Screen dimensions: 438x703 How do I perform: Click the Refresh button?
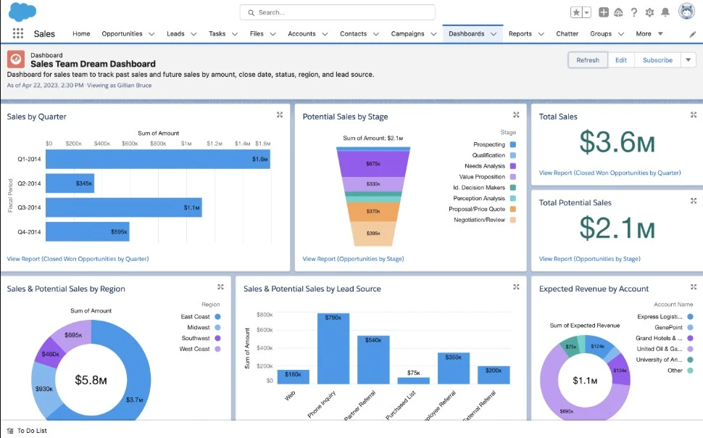click(588, 60)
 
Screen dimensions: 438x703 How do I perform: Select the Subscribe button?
click(657, 60)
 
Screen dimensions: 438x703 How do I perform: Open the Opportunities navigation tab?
click(122, 34)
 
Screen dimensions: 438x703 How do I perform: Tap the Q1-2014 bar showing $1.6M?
click(157, 159)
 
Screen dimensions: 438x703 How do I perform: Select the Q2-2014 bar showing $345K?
click(70, 183)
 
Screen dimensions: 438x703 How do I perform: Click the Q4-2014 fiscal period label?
click(29, 232)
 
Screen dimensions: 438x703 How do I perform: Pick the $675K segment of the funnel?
click(373, 164)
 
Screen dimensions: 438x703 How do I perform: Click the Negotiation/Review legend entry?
click(479, 220)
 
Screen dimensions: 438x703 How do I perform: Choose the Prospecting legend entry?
click(489, 144)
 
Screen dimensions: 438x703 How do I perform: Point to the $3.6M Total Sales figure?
click(616, 144)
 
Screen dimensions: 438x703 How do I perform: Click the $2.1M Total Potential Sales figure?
click(617, 229)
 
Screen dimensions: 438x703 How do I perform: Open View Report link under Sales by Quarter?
click(78, 259)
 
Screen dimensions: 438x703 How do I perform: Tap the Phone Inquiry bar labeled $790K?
click(333, 348)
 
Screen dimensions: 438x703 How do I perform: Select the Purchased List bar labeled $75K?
click(413, 380)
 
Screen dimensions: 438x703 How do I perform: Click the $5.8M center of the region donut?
click(91, 380)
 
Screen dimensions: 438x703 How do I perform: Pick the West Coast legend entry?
click(195, 349)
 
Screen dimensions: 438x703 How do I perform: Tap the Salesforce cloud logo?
click(22, 12)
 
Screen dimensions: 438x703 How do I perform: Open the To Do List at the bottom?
click(32, 431)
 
